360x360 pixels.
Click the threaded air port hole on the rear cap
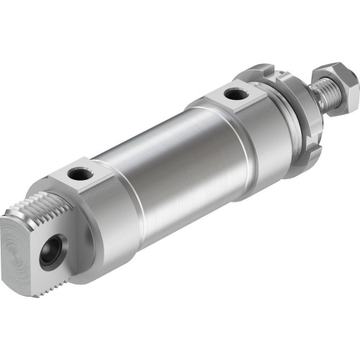click(78, 174)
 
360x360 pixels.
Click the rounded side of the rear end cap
click(108, 230)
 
